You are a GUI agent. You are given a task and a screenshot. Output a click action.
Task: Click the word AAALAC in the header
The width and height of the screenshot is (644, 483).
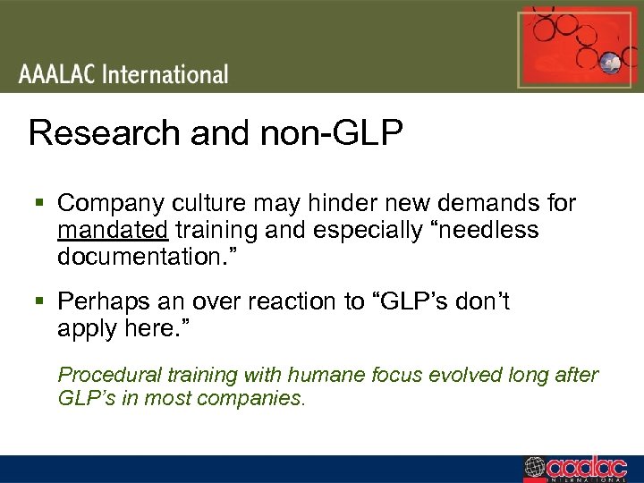point(57,73)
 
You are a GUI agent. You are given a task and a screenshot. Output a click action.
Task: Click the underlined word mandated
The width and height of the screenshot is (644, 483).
point(113,231)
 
